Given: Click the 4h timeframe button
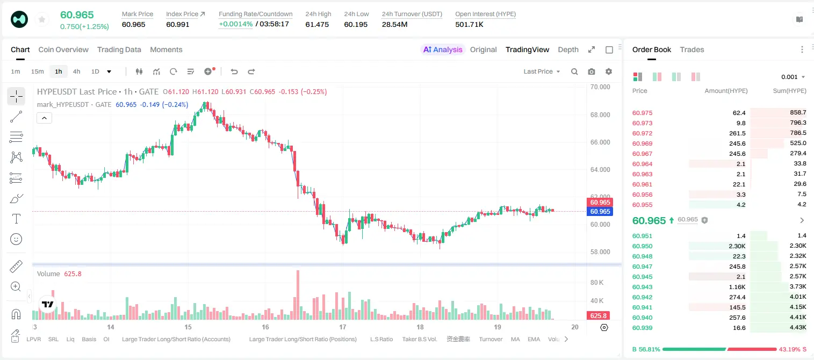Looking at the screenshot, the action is pos(76,71).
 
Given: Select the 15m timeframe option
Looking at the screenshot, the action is pos(38,71).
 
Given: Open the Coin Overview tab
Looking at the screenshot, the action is pos(63,49).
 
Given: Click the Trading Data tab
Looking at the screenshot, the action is pos(119,49).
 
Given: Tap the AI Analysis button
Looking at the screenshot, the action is pos(443,49).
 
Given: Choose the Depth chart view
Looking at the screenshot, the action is pos(568,49).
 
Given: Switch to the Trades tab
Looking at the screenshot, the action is pos(692,49).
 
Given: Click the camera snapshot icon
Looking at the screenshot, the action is pos(592,71).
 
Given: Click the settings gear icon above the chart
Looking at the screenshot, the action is pos(609,71).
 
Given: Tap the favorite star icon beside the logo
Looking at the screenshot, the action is pos(42,19).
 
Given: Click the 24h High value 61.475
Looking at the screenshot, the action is pos(317,24).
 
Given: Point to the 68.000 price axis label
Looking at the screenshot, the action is pos(600,115).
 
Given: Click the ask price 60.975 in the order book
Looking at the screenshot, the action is pos(642,113).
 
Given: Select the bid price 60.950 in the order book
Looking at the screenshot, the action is pos(642,246).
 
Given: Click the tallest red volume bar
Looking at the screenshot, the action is pos(298,295).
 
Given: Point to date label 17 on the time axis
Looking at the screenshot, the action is pos(343,327).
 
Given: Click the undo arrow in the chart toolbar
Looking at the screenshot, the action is pos(234,71).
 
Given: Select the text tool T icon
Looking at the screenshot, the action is pos(16,219).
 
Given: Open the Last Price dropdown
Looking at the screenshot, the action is pos(542,71).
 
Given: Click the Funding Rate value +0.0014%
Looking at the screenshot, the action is pos(235,24).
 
